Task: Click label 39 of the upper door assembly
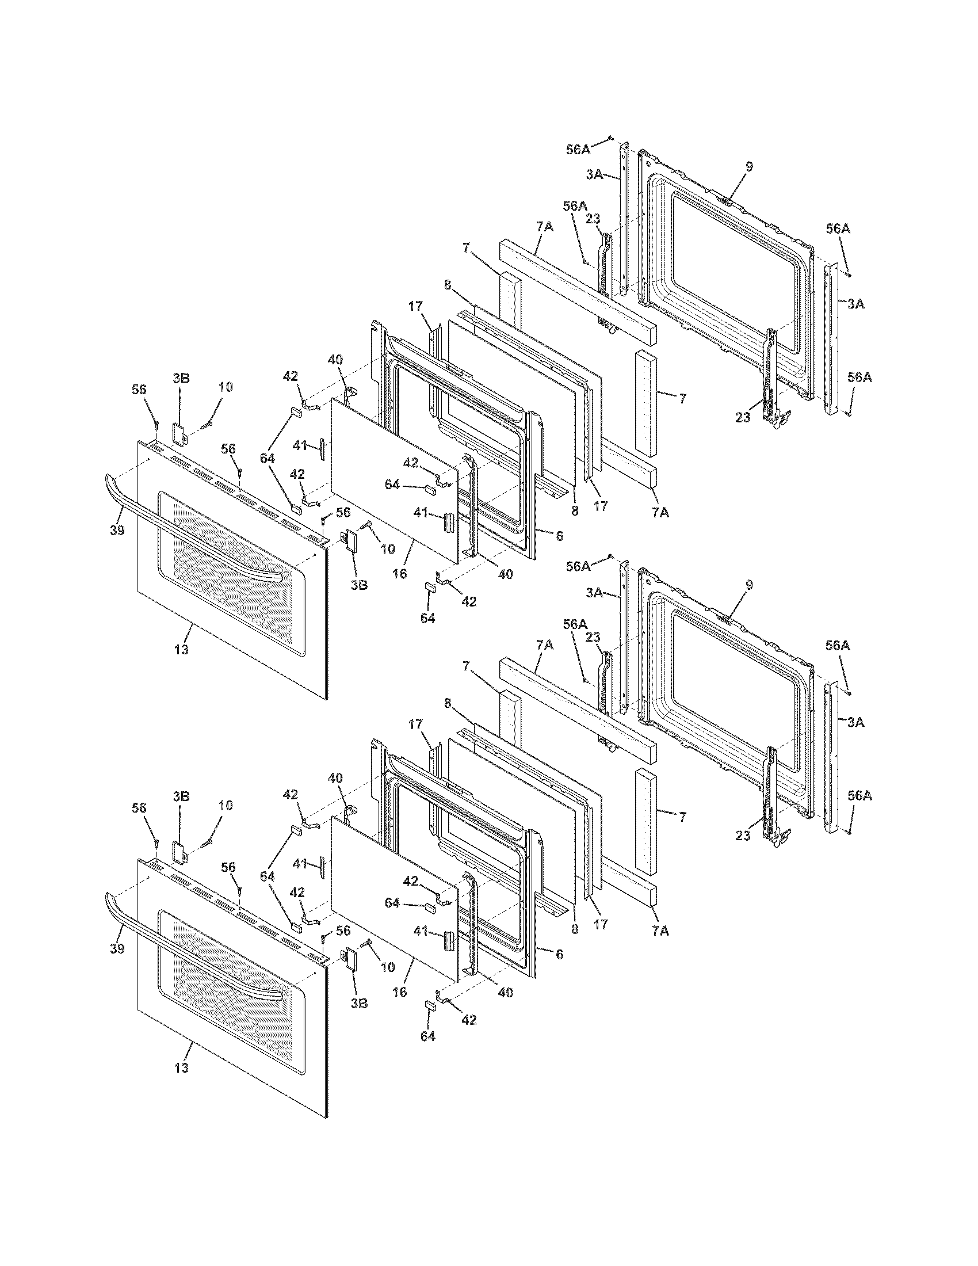(117, 530)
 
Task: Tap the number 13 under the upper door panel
(181, 650)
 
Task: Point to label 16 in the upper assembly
(399, 574)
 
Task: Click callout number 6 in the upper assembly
(559, 536)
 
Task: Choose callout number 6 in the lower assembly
(559, 954)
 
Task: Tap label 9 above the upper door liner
(749, 167)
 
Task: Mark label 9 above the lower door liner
(749, 585)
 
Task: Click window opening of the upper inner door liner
(736, 272)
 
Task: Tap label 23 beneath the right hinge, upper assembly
(743, 417)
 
